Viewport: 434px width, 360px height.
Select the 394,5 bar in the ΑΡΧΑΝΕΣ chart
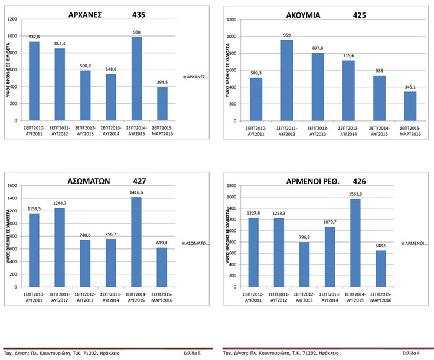tap(162, 104)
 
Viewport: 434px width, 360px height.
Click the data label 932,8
tap(34, 37)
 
